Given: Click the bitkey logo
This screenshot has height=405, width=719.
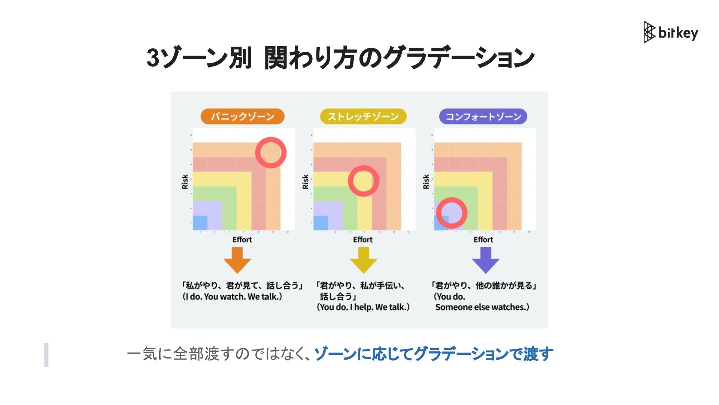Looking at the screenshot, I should (x=671, y=33).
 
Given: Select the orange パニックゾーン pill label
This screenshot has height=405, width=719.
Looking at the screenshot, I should (x=242, y=117).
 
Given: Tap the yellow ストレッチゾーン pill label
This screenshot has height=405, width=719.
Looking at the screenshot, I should (x=363, y=117).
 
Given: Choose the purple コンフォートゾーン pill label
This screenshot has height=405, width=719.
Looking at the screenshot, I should (x=483, y=117).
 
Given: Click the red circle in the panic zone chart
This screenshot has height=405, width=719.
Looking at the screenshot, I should (x=271, y=153).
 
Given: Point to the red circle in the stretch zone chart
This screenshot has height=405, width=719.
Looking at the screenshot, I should (x=363, y=181).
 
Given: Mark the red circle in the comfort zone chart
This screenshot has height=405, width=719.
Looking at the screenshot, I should (x=452, y=213).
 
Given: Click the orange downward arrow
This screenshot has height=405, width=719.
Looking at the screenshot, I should (x=237, y=260).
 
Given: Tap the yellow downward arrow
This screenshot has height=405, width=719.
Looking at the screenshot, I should (x=363, y=260).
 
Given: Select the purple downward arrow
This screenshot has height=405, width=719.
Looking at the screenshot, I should (x=485, y=260).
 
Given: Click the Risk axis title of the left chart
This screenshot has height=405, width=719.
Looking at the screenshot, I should (x=185, y=181).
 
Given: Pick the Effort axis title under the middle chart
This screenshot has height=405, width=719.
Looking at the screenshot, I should (x=362, y=240).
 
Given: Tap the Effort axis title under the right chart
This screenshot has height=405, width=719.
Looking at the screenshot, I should (x=483, y=240).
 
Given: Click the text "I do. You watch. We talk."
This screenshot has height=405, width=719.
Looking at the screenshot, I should (x=232, y=297).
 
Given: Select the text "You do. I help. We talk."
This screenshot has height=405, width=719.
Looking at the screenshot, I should (x=363, y=307).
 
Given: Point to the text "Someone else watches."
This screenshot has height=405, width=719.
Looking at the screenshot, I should (x=482, y=307).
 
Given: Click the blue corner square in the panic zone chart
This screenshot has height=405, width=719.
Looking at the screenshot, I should (x=200, y=223).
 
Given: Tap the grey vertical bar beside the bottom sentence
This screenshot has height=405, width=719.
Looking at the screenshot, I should (x=46, y=354).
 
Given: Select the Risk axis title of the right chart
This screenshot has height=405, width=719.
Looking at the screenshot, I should (x=426, y=181).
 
